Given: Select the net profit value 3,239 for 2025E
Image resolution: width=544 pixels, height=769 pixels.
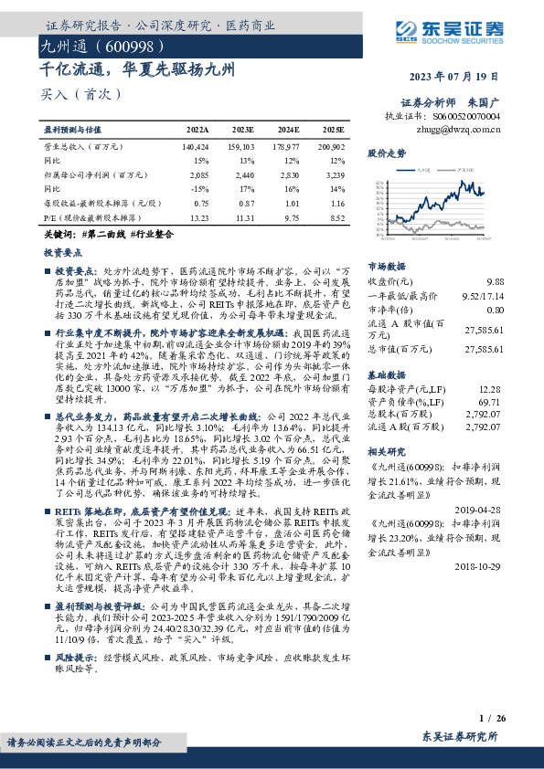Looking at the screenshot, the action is [x=334, y=174].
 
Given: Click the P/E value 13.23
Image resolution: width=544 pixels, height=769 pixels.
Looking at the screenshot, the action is [x=197, y=218].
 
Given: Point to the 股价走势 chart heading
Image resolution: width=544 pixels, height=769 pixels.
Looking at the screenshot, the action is [x=386, y=153].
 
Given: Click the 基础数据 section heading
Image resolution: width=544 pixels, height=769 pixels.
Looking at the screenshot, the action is [x=386, y=374].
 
